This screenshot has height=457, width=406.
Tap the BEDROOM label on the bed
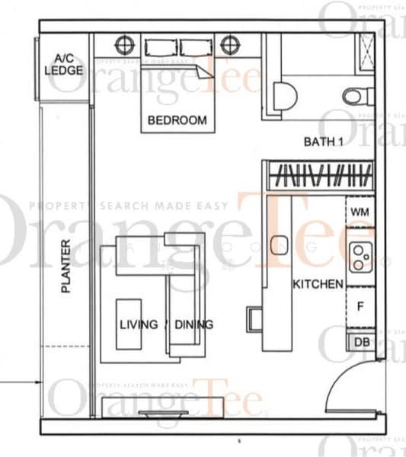pos(177,120)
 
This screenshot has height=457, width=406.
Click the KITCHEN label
pos(318,284)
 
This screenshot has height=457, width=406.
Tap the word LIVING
pos(139,324)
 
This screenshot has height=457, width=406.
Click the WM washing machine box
pos(360,212)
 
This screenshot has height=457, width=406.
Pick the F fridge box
pos(361,307)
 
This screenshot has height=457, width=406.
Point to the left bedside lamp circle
pos(124,44)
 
